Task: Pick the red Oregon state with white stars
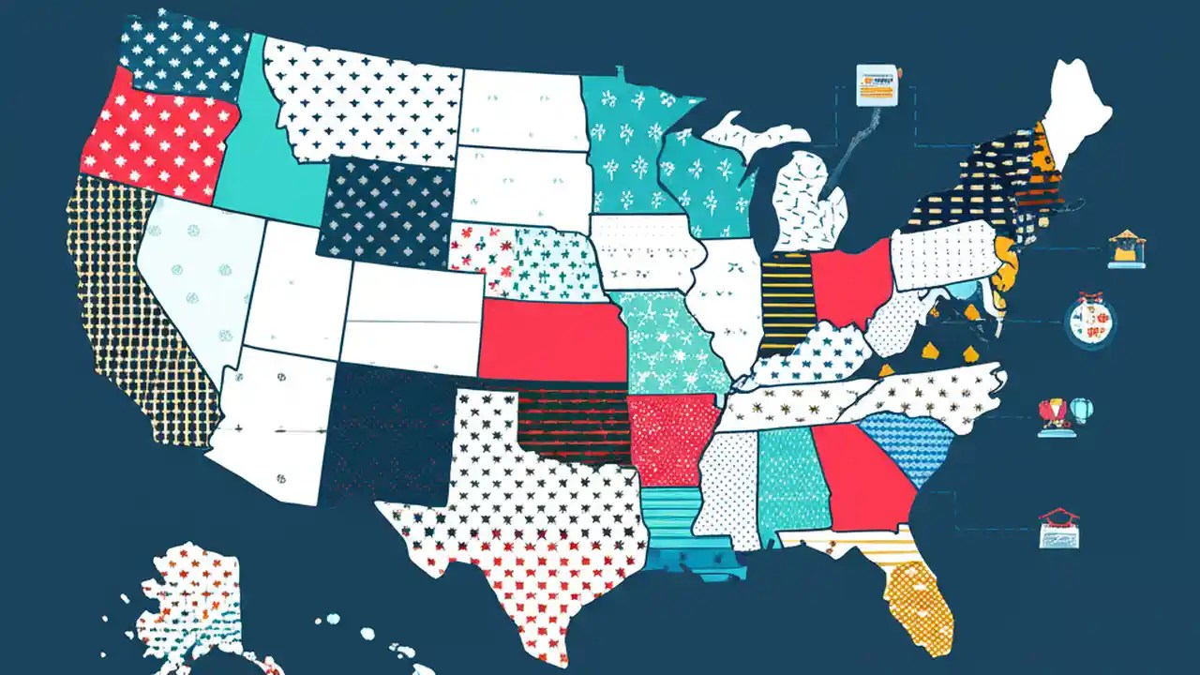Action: [159, 136]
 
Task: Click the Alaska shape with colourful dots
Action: [192, 600]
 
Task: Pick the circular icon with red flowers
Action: [1090, 322]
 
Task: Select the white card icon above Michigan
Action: [877, 84]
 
